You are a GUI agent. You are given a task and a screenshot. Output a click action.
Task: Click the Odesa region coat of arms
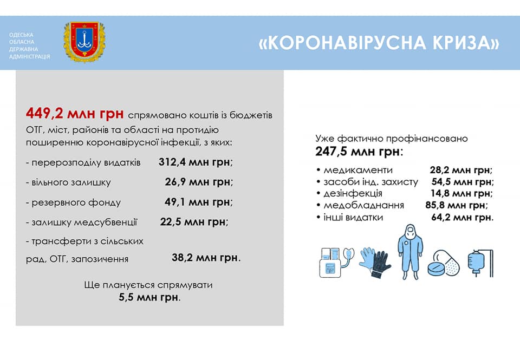point(84,42)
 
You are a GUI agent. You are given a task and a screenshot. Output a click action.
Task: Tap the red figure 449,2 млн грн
point(75,114)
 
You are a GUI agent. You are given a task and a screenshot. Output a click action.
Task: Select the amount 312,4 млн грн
point(194,162)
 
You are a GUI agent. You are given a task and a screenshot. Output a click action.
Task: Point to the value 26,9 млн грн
point(198,182)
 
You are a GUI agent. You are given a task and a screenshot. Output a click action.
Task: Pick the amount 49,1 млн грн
point(197,202)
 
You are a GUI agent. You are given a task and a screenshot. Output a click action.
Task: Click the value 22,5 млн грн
point(193,222)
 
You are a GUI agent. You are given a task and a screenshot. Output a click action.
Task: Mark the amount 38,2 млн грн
point(205,258)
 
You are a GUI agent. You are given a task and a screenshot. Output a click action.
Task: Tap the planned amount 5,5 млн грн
point(148,297)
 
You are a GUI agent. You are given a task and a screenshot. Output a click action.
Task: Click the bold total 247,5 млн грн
point(358,152)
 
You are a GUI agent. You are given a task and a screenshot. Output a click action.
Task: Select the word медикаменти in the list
point(358,170)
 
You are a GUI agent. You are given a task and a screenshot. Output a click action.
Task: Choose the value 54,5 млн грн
point(461,182)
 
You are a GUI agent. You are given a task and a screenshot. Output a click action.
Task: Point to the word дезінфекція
point(353,193)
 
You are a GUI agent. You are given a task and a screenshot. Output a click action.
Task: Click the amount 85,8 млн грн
point(456,205)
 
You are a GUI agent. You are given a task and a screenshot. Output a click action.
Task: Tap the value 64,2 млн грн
point(461,218)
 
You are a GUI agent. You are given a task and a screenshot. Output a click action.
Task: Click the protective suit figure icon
point(410,252)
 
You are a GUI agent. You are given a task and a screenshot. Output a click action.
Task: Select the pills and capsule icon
point(444,263)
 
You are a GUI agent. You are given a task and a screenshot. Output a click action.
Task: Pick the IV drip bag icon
point(480,263)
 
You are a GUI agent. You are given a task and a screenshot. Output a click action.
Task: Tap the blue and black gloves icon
point(375,262)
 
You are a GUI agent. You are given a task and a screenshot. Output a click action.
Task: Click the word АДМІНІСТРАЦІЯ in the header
point(29,57)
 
